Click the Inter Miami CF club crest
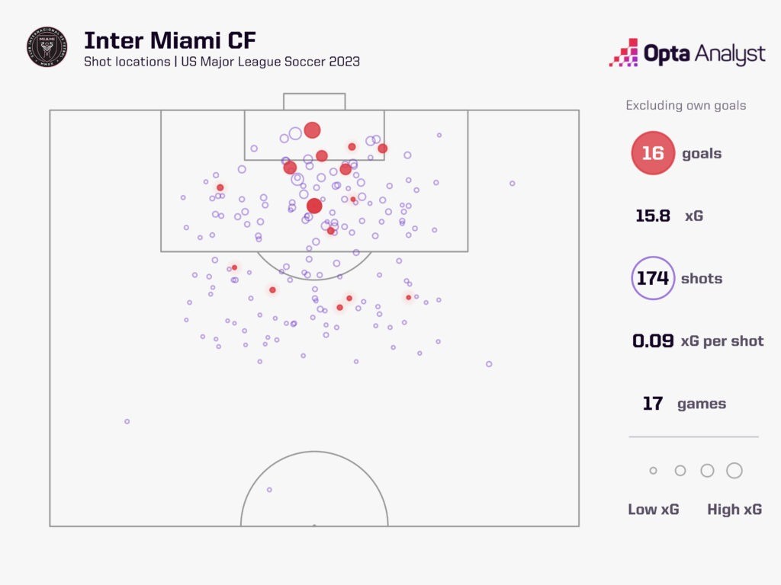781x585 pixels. tap(47, 47)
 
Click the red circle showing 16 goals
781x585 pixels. tap(653, 153)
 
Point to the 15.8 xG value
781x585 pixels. tap(653, 216)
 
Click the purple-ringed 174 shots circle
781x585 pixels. tap(653, 278)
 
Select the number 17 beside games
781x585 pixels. tap(653, 403)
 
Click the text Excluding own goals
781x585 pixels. tap(686, 105)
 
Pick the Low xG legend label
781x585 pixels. tap(653, 510)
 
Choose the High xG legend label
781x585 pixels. tap(734, 510)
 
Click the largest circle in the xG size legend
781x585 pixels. tap(734, 471)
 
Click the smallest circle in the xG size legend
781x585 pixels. tap(653, 471)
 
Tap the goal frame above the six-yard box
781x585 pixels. tap(314, 101)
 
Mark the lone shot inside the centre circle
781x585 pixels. tap(269, 490)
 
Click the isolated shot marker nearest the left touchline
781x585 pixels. tap(127, 421)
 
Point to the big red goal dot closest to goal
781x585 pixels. tap(312, 130)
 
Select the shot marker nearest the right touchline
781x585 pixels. tap(513, 183)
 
